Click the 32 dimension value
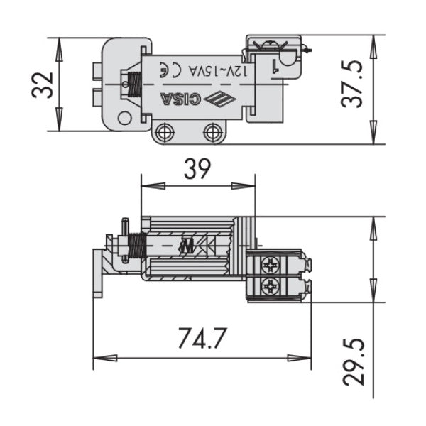coord(43,85)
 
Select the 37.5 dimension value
coord(353,84)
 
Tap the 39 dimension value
coord(197,168)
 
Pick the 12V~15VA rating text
coord(214,70)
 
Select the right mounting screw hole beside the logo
coord(212,131)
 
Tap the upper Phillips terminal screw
coord(271,266)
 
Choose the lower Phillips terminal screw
coord(271,287)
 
